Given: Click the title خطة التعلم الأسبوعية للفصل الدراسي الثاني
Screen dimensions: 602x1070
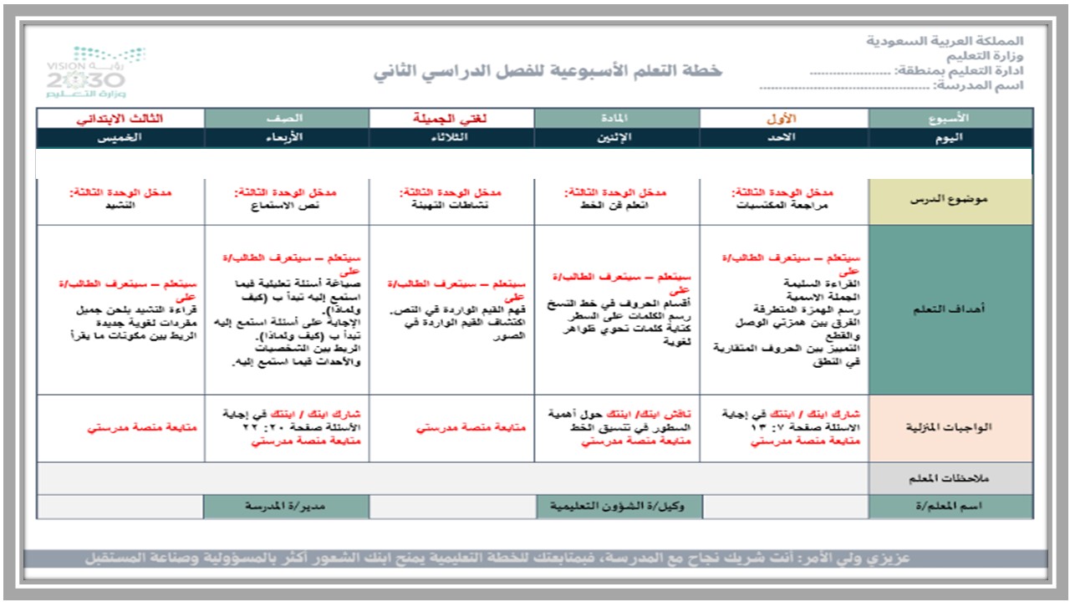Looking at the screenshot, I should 548,71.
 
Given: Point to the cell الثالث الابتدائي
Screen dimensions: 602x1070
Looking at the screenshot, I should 120,118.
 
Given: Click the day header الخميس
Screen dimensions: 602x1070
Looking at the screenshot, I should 120,138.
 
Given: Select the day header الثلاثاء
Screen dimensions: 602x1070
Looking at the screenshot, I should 451,138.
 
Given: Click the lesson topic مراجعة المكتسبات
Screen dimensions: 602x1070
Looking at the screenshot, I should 784,205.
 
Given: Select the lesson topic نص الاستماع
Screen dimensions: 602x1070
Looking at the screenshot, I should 287,205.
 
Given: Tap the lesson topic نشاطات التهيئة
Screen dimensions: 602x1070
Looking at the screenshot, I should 451,205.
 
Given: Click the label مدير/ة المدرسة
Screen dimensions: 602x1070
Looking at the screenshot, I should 286,506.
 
